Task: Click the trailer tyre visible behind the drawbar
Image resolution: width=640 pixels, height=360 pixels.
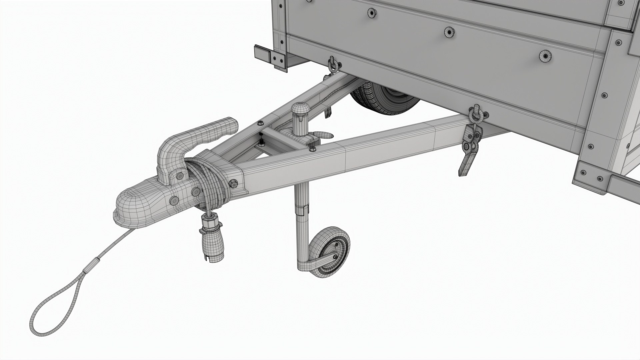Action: [383, 100]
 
